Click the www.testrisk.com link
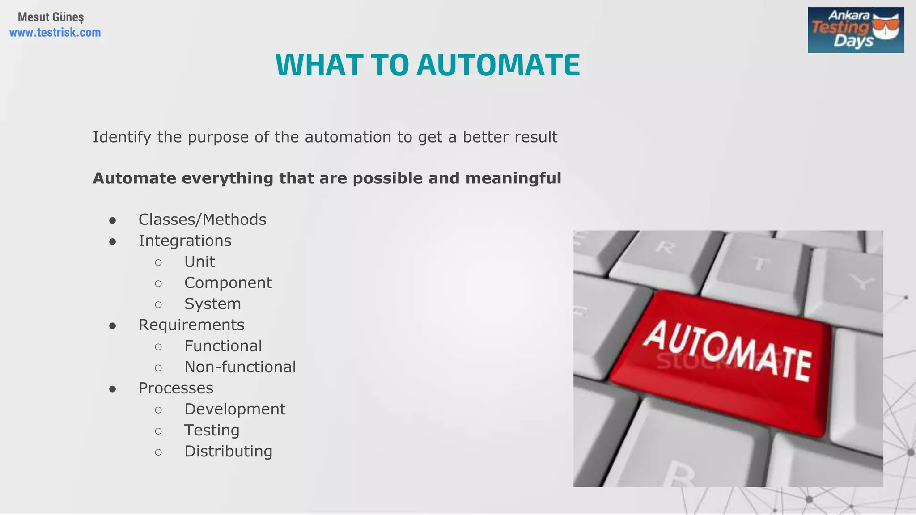click(55, 33)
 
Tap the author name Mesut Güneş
click(51, 17)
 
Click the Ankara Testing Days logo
click(855, 30)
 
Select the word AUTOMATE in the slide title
click(498, 65)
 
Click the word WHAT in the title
click(319, 65)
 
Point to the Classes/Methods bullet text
click(202, 220)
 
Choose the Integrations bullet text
click(185, 241)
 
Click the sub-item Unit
click(199, 262)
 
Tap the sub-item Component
click(228, 283)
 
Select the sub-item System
click(212, 304)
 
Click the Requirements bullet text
click(191, 325)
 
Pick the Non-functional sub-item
click(240, 367)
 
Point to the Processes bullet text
click(176, 388)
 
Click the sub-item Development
click(235, 409)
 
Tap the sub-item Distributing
click(228, 451)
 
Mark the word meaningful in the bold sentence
click(513, 178)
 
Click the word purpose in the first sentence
click(218, 137)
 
